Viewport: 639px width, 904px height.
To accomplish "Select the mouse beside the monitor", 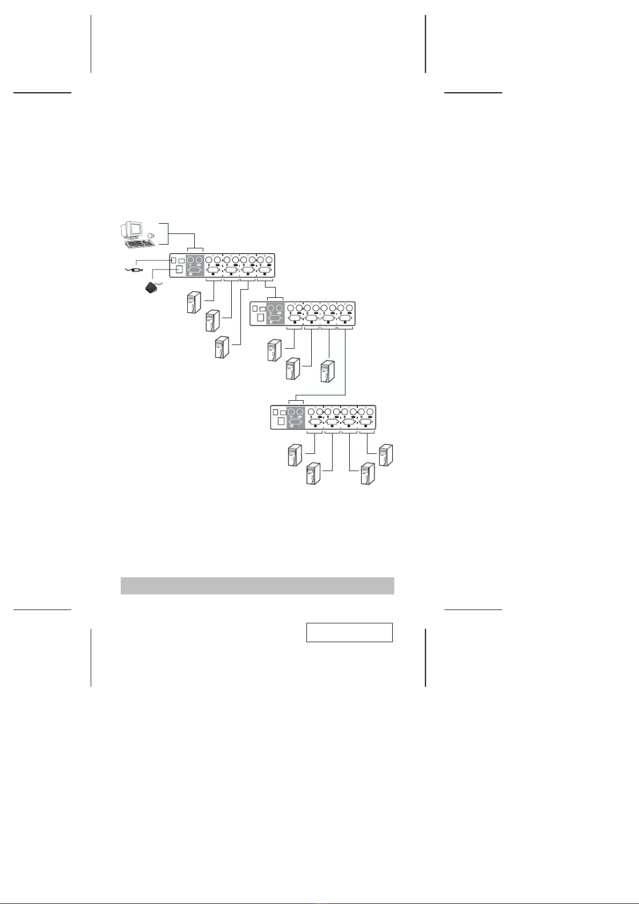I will (151, 235).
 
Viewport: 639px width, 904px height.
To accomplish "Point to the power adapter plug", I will (136, 270).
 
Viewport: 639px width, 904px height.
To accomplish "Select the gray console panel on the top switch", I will (195, 266).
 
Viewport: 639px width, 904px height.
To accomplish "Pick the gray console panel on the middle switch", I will (275, 314).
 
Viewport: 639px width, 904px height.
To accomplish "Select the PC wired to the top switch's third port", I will (222, 347).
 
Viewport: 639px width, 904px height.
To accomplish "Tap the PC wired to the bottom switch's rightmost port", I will (386, 455).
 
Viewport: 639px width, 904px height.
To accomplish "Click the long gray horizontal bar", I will (257, 585).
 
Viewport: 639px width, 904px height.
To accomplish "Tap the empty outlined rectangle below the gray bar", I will (349, 632).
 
